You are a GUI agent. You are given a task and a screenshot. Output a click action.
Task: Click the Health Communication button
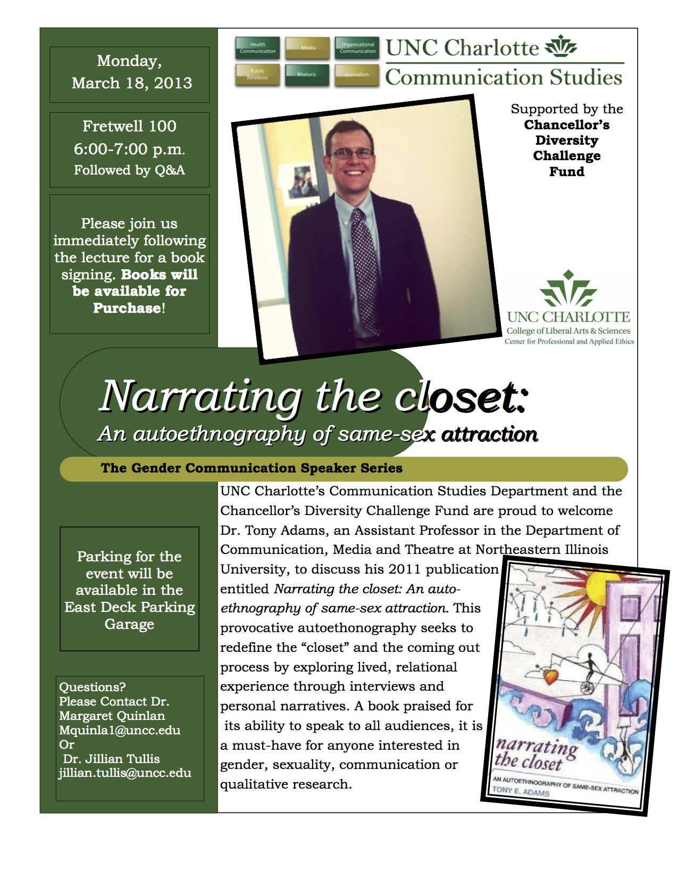pyautogui.click(x=257, y=48)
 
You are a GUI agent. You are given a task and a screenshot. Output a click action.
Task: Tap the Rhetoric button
pyautogui.click(x=307, y=74)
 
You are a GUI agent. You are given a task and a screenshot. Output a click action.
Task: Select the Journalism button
pyautogui.click(x=356, y=74)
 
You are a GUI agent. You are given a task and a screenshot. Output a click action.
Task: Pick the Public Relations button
pyautogui.click(x=257, y=74)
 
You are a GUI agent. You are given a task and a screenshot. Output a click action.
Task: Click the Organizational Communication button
pyautogui.click(x=357, y=48)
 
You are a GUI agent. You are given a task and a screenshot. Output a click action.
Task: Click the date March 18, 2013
pyautogui.click(x=131, y=83)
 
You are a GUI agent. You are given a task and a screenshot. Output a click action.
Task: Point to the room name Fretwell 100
pyautogui.click(x=129, y=126)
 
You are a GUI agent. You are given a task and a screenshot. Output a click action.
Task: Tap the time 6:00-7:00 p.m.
pyautogui.click(x=129, y=149)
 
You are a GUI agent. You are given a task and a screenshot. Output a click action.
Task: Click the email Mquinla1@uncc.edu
pyautogui.click(x=120, y=730)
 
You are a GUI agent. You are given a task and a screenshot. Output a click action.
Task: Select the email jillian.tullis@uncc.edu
pyautogui.click(x=125, y=773)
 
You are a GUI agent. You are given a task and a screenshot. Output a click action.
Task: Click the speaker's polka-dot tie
pyautogui.click(x=366, y=266)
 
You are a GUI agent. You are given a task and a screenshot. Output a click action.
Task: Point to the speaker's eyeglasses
pyautogui.click(x=351, y=154)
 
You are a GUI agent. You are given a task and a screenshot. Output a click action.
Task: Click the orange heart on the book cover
pyautogui.click(x=550, y=676)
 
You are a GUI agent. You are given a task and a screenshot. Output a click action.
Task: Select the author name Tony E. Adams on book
pyautogui.click(x=521, y=791)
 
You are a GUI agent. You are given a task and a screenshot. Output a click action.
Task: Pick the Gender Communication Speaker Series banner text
pyautogui.click(x=252, y=468)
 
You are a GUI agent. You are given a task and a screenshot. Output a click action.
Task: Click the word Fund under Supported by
pyautogui.click(x=567, y=171)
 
